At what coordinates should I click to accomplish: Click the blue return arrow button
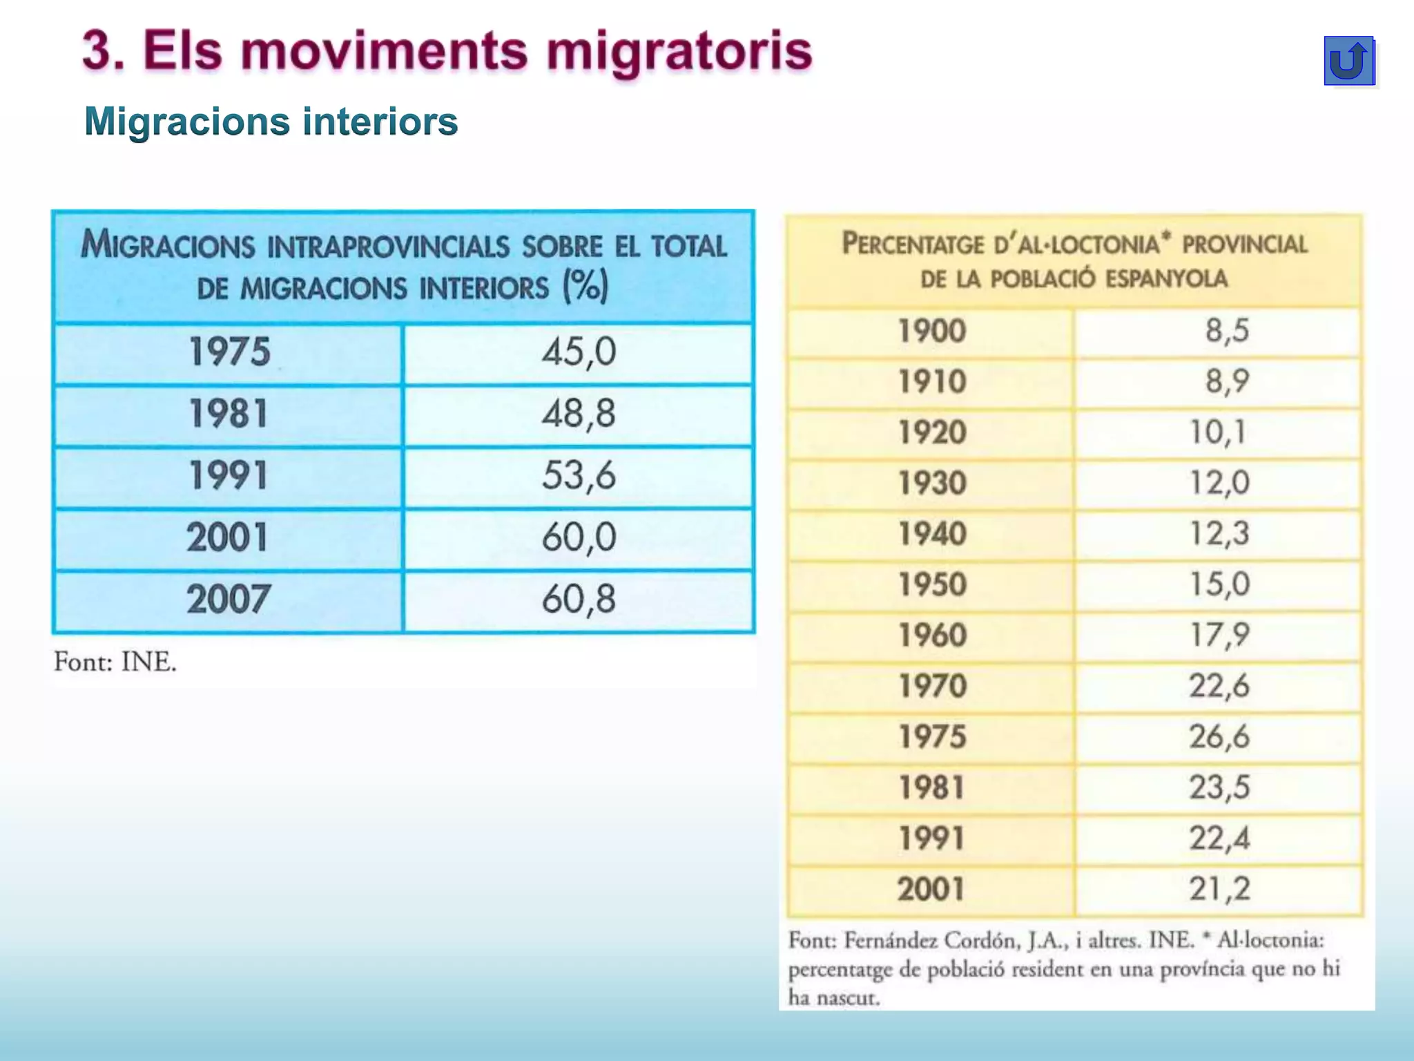(1348, 61)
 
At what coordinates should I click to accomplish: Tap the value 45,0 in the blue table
(578, 352)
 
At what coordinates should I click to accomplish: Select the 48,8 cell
(578, 414)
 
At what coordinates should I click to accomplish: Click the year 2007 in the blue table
(228, 600)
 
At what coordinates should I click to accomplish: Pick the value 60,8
(578, 600)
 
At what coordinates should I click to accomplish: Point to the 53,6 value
(578, 476)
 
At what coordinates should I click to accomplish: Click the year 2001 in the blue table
(227, 537)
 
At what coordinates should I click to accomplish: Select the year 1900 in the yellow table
(931, 331)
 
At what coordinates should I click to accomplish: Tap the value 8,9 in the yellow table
(1227, 381)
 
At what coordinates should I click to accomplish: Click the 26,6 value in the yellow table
(1219, 736)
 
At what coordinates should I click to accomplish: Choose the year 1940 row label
(931, 534)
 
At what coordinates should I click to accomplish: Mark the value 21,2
(1219, 889)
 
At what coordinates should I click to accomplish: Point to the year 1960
(931, 635)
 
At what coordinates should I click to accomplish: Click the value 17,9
(1219, 635)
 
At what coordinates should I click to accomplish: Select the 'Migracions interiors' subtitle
(271, 122)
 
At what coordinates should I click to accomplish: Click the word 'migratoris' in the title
(679, 51)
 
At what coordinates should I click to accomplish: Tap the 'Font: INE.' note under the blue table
(115, 662)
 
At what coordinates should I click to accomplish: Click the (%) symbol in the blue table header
(585, 286)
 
